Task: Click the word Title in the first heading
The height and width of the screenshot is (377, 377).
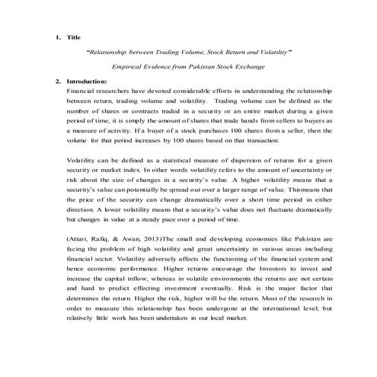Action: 74,37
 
